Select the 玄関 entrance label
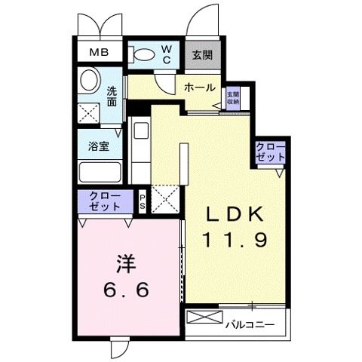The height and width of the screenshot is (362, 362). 201,54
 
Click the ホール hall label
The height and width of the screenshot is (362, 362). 200,87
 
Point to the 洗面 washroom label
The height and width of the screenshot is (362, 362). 112,96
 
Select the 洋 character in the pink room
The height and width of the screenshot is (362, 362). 127,265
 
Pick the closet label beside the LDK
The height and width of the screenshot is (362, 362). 270,152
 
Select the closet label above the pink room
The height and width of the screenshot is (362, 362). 105,201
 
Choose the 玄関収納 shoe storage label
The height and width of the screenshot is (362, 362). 233,97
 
